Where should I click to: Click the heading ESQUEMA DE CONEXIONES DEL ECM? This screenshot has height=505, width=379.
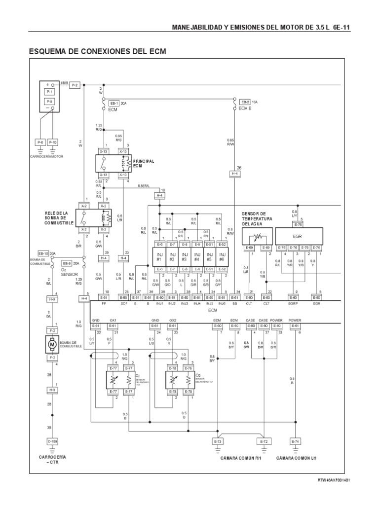99,51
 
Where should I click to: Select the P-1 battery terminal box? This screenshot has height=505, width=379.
49,92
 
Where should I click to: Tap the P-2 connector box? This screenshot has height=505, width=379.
75,85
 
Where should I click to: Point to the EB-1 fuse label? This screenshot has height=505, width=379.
114,103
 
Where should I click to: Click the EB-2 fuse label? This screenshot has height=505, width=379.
245,102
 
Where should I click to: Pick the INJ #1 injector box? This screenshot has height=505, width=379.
159,257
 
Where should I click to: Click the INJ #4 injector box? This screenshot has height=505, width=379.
197,257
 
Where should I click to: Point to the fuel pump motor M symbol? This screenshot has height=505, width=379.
51,342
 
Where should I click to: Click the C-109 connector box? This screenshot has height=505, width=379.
52,441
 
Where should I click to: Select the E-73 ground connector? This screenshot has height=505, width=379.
218,441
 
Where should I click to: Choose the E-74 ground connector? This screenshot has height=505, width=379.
295,441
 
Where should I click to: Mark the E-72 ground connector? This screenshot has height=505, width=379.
264,441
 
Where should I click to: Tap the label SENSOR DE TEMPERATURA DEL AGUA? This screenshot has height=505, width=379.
256,218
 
